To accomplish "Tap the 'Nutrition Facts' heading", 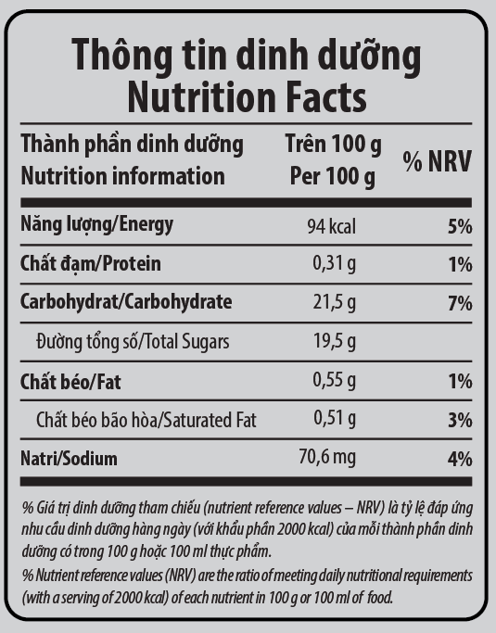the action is click(247, 97).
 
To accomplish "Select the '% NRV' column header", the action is click(437, 161).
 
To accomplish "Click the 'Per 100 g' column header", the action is click(333, 176).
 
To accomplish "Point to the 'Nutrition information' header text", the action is click(122, 176).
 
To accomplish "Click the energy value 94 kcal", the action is click(332, 226).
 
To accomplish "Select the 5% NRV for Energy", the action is click(460, 226).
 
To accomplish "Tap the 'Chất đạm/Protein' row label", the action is click(91, 263).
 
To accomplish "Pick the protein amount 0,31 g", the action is click(335, 263).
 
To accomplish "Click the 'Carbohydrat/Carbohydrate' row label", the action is click(126, 302).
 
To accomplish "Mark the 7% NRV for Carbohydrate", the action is click(460, 303).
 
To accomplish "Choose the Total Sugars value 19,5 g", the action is click(335, 342).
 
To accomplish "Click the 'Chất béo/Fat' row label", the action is click(70, 381).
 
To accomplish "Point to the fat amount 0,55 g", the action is click(335, 380).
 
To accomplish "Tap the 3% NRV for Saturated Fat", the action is click(460, 420).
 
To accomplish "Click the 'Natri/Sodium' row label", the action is click(69, 459).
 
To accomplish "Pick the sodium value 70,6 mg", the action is click(327, 458).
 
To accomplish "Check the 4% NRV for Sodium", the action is click(460, 459).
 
